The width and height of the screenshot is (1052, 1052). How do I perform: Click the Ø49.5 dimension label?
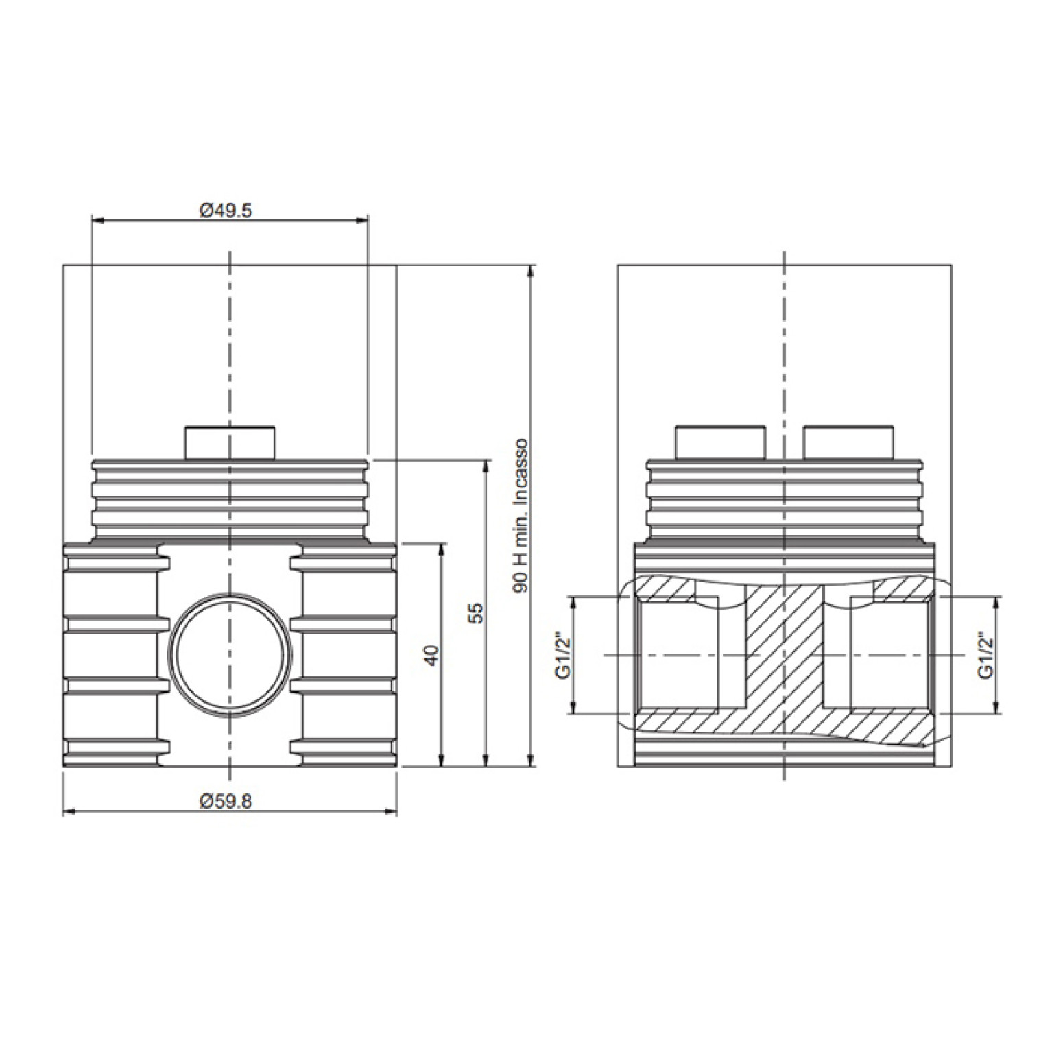pyautogui.click(x=226, y=210)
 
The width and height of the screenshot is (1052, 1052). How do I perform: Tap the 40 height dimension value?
pyautogui.click(x=431, y=655)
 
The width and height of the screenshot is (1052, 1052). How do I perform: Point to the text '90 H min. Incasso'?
pyautogui.click(x=521, y=516)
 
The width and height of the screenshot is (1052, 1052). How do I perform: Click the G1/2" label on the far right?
pyautogui.click(x=986, y=656)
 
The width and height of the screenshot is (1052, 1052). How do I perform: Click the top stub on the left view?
pyautogui.click(x=229, y=443)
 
